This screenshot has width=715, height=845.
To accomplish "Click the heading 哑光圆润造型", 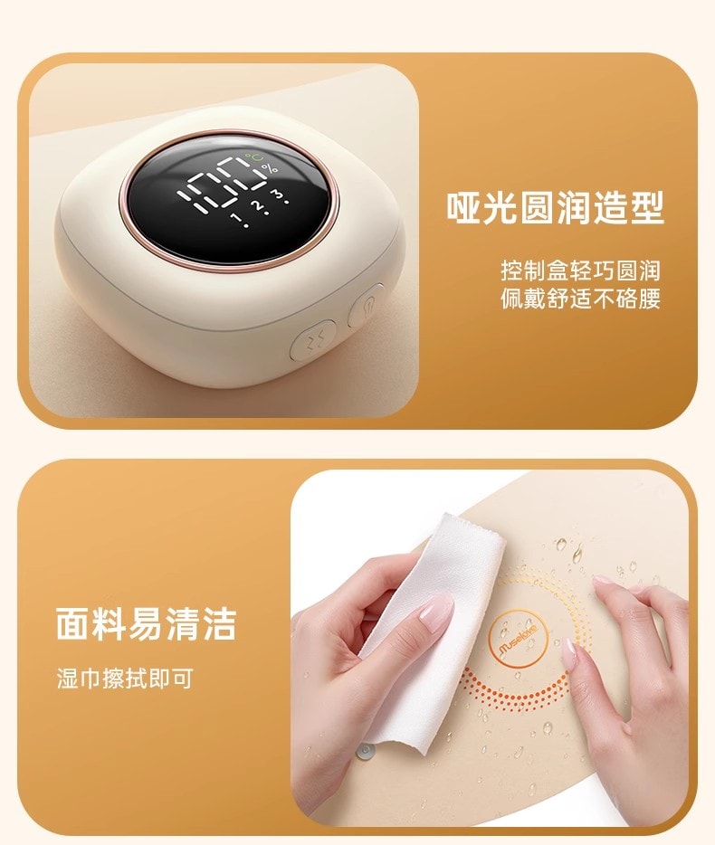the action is pos(555,207).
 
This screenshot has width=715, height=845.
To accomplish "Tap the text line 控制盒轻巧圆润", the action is pos(581,271).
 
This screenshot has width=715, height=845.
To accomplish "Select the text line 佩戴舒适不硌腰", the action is pos(581,299).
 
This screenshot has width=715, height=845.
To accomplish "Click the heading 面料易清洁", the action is pos(146,623).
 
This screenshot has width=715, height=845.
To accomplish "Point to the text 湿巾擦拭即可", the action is pos(125,679).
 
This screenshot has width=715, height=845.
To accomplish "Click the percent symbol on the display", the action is pos(270,168).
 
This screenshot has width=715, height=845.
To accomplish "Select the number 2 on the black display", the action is pos(260,206).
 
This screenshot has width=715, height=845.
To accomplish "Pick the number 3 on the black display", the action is pos(280,195).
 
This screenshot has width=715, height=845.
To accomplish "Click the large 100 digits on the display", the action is pos(221,185).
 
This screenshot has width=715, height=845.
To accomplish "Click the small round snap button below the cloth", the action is pos(366,750).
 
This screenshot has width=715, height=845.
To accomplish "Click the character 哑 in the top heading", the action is pos(464,207).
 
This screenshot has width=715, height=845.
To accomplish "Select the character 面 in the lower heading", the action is pos(73,623).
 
